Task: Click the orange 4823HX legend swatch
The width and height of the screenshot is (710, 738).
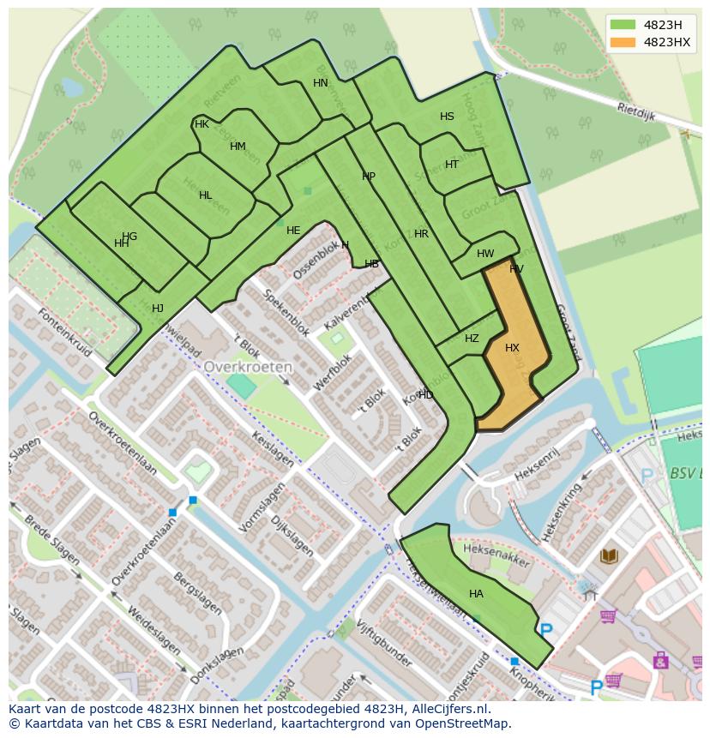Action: (623, 42)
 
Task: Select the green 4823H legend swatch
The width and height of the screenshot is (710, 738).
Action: (623, 24)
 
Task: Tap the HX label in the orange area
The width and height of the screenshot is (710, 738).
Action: (512, 348)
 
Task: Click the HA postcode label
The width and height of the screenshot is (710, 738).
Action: (476, 594)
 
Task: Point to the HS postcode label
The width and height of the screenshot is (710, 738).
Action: (447, 117)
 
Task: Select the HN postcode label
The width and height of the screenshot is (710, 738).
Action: (320, 83)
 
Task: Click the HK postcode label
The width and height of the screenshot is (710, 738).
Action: (202, 124)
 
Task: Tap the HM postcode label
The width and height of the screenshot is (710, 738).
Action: (238, 147)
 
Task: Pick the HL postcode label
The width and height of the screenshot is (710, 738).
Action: (205, 195)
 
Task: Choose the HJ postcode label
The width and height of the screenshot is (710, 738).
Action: (158, 309)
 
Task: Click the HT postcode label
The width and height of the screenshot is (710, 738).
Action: (452, 165)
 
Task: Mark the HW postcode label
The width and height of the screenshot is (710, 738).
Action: (485, 254)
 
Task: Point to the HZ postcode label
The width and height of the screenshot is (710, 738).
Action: (472, 339)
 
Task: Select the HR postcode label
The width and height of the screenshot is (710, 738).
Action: (421, 234)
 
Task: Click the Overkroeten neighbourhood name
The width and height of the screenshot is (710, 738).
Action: (248, 366)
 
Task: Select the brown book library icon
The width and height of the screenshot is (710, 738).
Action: (609, 556)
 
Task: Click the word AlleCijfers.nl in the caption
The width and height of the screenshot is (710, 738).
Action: (447, 709)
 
